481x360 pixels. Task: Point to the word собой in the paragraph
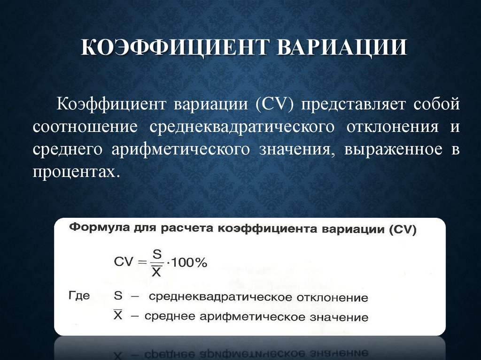(436, 104)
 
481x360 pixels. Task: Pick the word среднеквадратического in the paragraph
(242, 127)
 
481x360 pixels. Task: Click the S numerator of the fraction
(157, 254)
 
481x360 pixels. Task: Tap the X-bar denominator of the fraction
(157, 271)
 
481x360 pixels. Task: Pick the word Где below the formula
(79, 296)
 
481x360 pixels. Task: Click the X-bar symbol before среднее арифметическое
(118, 315)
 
